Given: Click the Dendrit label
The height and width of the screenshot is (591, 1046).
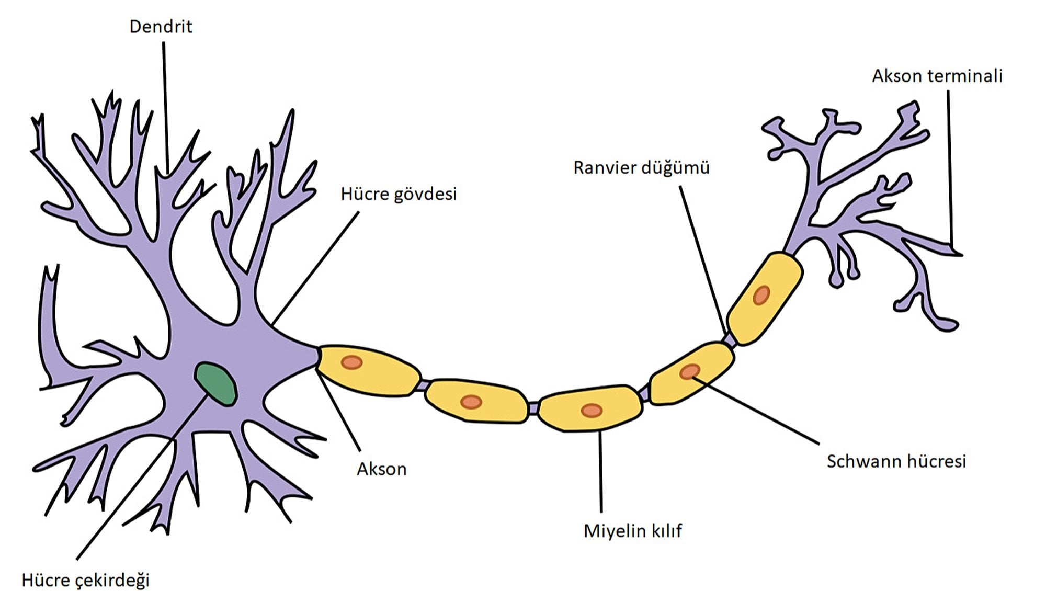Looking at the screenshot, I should click(161, 27).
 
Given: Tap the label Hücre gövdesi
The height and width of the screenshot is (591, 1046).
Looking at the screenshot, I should click(399, 194).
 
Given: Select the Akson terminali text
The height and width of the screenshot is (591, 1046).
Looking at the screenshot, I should click(937, 76).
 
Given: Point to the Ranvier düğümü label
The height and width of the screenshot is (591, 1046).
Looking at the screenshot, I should click(641, 168).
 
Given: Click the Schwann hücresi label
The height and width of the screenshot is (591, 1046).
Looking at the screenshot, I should click(896, 461).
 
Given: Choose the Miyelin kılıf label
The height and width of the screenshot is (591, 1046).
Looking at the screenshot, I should click(633, 531).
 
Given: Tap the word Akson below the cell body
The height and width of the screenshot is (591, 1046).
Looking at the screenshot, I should click(381, 469).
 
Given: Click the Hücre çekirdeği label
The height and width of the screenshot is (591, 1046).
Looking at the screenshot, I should click(86, 580).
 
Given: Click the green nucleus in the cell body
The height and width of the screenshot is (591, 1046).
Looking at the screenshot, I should click(215, 384).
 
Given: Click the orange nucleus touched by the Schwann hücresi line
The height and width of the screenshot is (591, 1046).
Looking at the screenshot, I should click(690, 371).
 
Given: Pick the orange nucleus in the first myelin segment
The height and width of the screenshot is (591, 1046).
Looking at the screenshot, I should click(351, 362).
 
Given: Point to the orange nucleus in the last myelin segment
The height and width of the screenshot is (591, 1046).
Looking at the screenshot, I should click(761, 295).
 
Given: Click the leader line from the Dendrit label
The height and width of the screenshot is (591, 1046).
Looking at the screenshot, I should click(165, 105).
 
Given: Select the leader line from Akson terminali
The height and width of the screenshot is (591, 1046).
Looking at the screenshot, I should click(950, 167).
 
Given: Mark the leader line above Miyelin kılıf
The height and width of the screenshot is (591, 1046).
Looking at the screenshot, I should click(600, 471).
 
